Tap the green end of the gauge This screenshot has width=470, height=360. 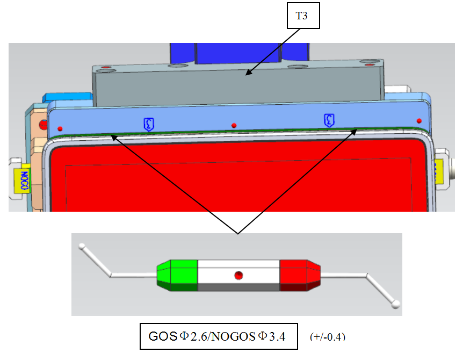pos(178,275)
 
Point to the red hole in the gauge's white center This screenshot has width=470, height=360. pos(239,276)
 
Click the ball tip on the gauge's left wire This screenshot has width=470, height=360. pos(82,247)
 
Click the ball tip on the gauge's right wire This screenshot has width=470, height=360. pos(396,305)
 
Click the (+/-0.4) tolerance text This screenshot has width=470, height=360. pos(328,337)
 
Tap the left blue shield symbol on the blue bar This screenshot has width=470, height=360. pos(148,124)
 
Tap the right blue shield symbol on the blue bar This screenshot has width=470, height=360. pos(329,120)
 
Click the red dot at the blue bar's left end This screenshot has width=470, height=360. pos(61,128)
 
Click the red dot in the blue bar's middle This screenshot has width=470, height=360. pos(234,126)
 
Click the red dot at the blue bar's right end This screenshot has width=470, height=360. pos(419,120)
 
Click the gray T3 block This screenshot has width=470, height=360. pos(236,86)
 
